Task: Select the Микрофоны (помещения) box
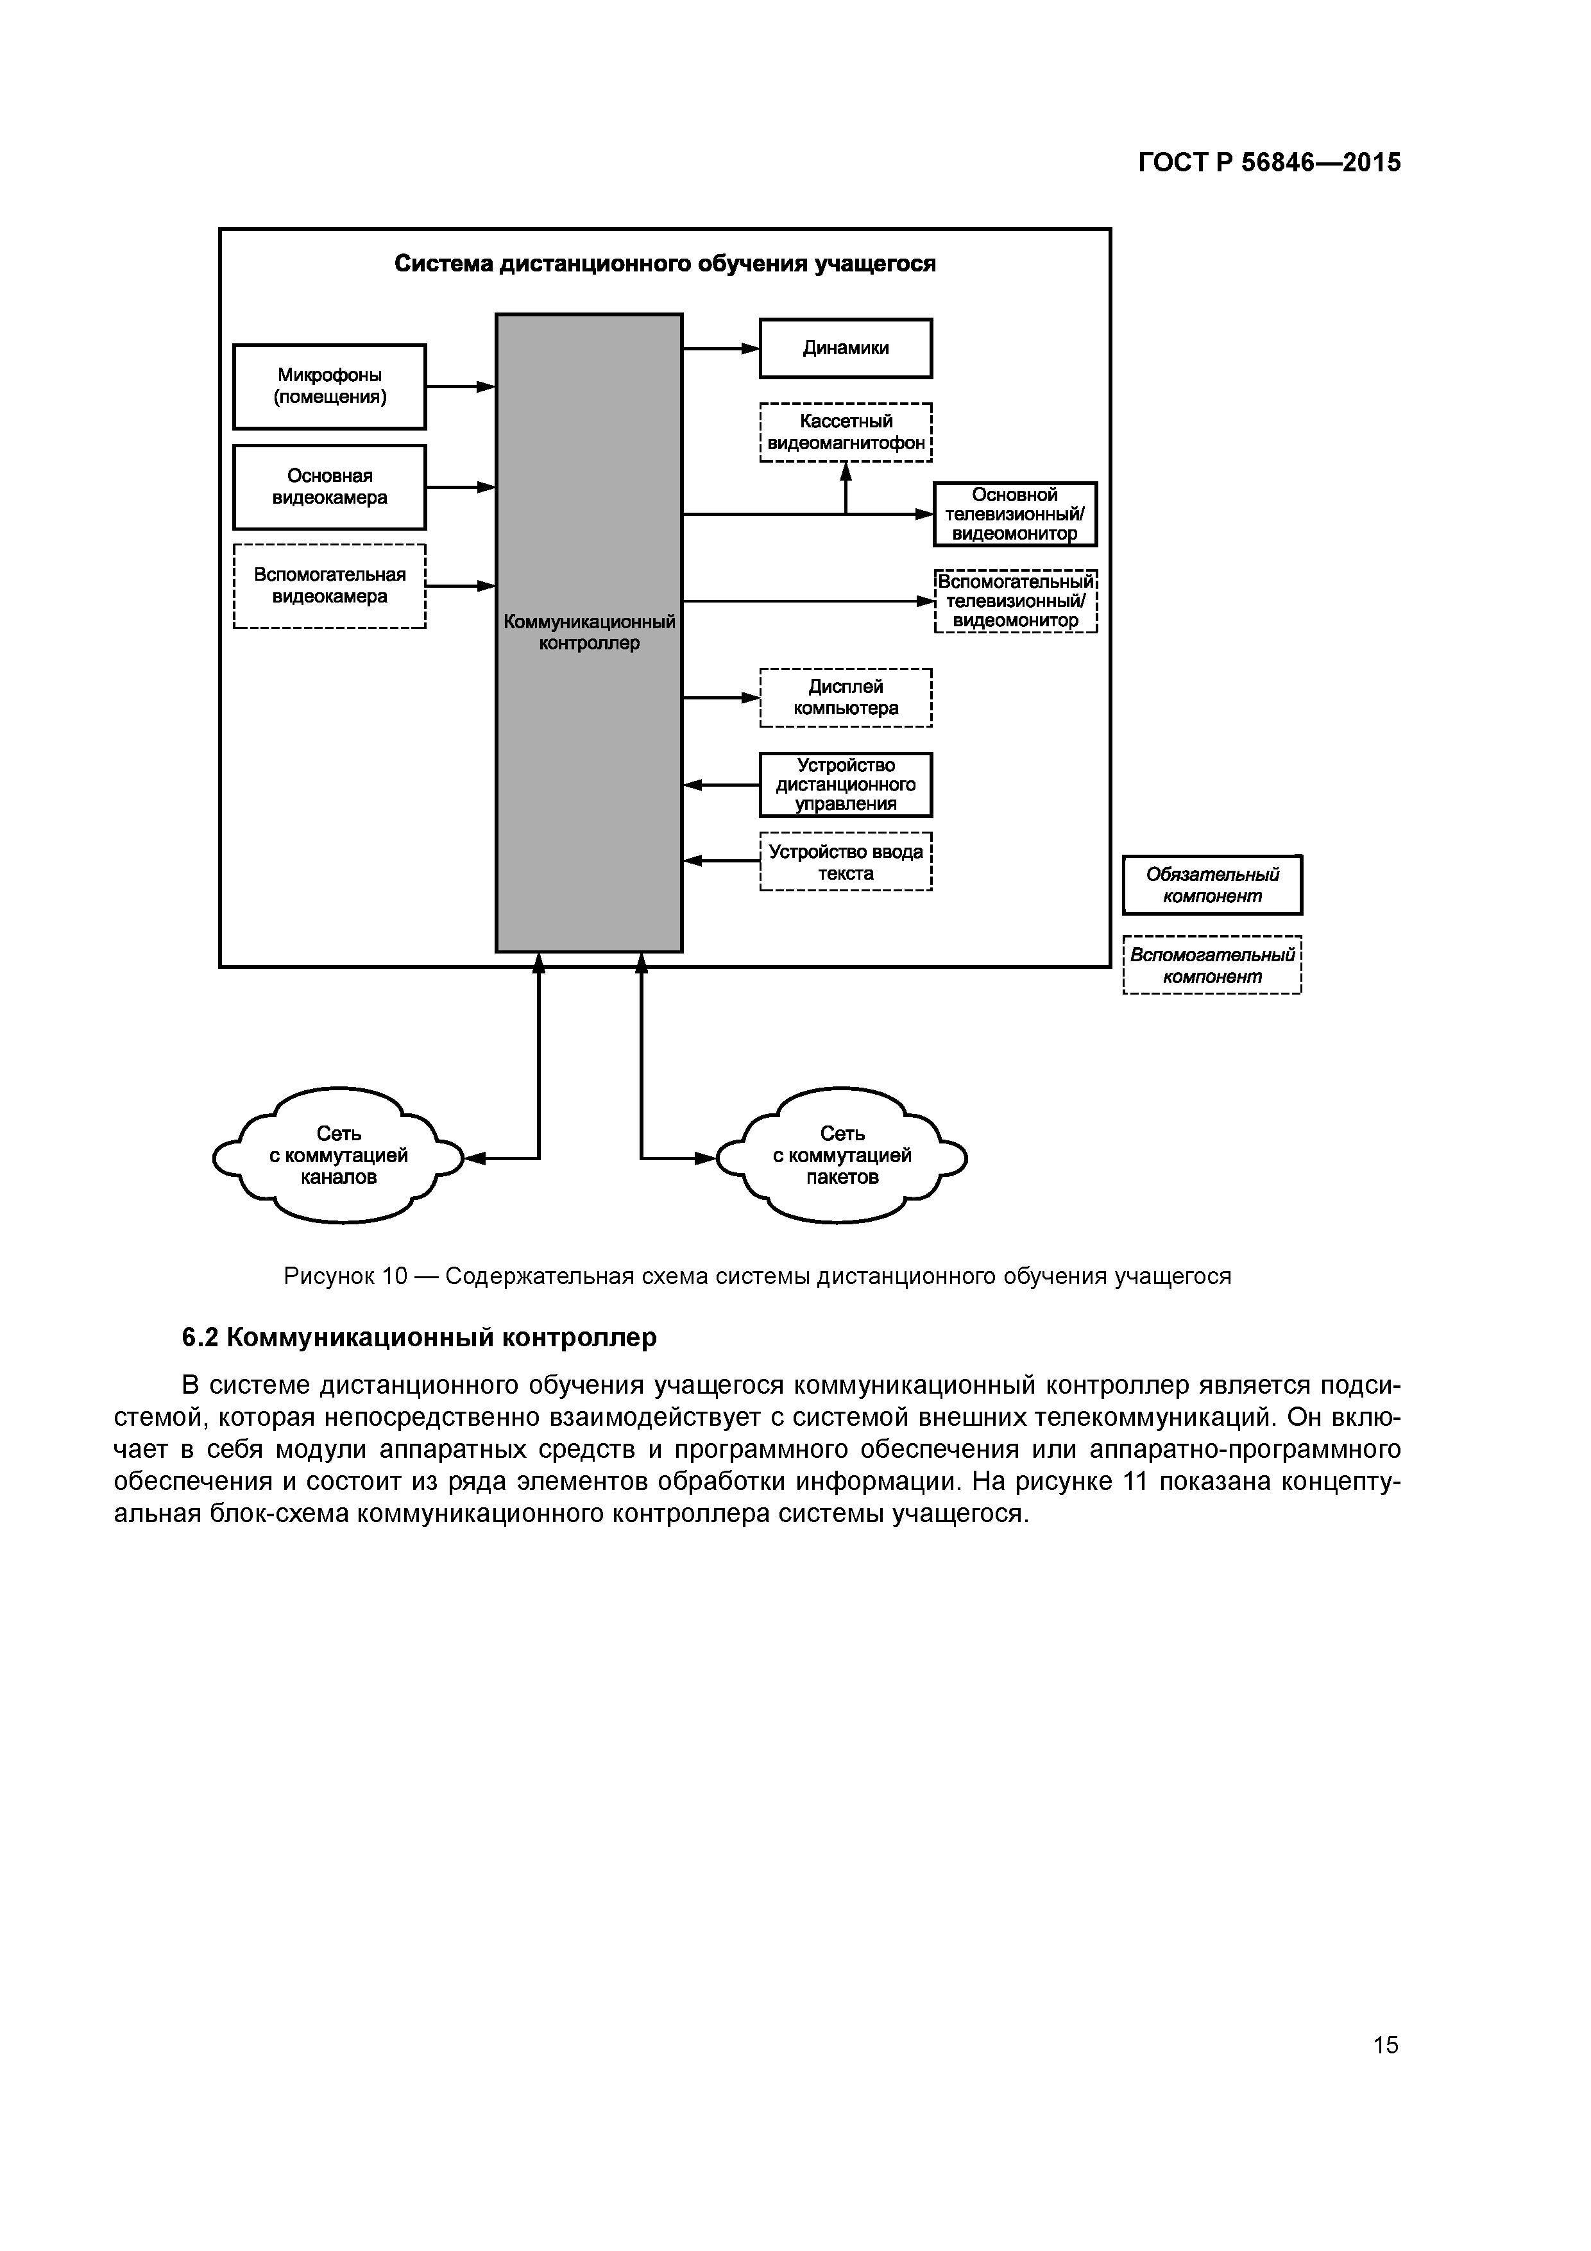point(329,386)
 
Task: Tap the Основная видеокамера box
point(329,487)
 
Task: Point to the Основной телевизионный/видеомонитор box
point(1015,515)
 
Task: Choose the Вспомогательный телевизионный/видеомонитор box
point(1016,601)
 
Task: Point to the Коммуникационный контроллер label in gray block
point(589,632)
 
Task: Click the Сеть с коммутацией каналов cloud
point(338,1156)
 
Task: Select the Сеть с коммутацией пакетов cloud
point(842,1156)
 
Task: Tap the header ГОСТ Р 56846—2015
point(1270,163)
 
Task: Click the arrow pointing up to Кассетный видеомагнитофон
point(846,487)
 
